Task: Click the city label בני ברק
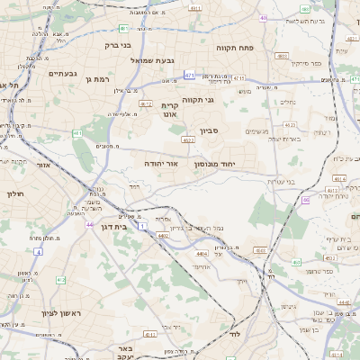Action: point(118,43)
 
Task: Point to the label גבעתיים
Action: point(63,74)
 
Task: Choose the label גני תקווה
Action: point(197,100)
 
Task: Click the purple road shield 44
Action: point(89,224)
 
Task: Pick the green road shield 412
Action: point(60,280)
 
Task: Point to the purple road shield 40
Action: point(263,17)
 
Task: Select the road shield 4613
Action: point(337,178)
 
